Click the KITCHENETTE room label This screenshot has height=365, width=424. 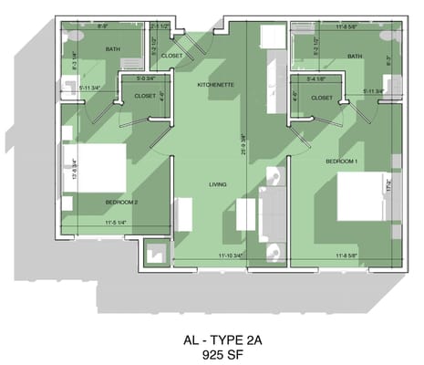coord(217,85)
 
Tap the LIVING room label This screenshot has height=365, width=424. coord(217,184)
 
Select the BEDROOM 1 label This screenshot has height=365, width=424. coord(342,161)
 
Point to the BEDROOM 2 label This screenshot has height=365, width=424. coord(121,201)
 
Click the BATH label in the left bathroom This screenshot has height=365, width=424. coord(112,48)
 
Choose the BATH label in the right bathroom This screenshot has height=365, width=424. coord(355,57)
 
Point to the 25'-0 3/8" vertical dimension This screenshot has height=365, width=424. coord(243,146)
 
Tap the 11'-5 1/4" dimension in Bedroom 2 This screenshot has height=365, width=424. coord(121,222)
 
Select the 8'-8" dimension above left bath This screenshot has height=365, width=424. coord(103,27)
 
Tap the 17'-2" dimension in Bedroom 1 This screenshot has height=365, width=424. coord(388,185)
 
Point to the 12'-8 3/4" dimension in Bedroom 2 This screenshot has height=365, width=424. coord(73,170)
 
